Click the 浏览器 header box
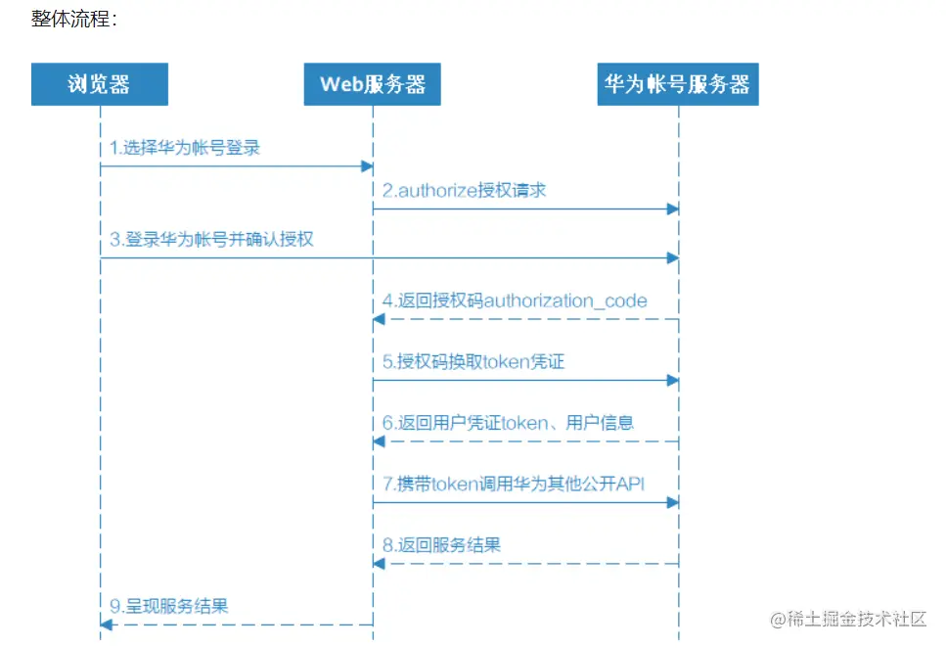(x=99, y=84)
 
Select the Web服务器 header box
(x=373, y=84)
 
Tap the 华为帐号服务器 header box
(x=677, y=84)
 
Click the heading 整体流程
(x=73, y=19)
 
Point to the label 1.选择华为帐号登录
(x=185, y=148)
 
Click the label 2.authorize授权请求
(x=464, y=190)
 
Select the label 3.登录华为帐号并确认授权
(x=211, y=238)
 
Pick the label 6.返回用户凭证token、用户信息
(x=509, y=422)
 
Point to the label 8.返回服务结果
(x=441, y=544)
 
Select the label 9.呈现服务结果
(x=168, y=606)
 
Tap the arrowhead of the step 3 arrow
(x=672, y=257)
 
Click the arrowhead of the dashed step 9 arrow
(x=106, y=625)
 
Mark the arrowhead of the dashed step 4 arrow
(x=379, y=319)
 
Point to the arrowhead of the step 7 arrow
(x=672, y=502)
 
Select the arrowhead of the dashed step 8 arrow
(x=379, y=563)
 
